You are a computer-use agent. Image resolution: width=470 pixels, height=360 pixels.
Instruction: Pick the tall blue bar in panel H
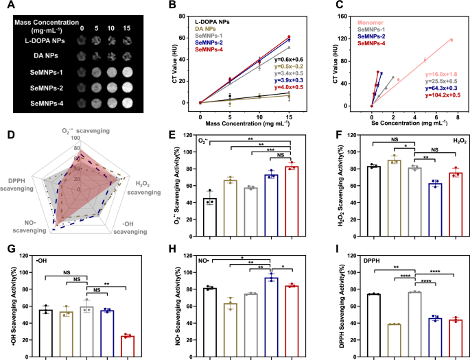(272, 322)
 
